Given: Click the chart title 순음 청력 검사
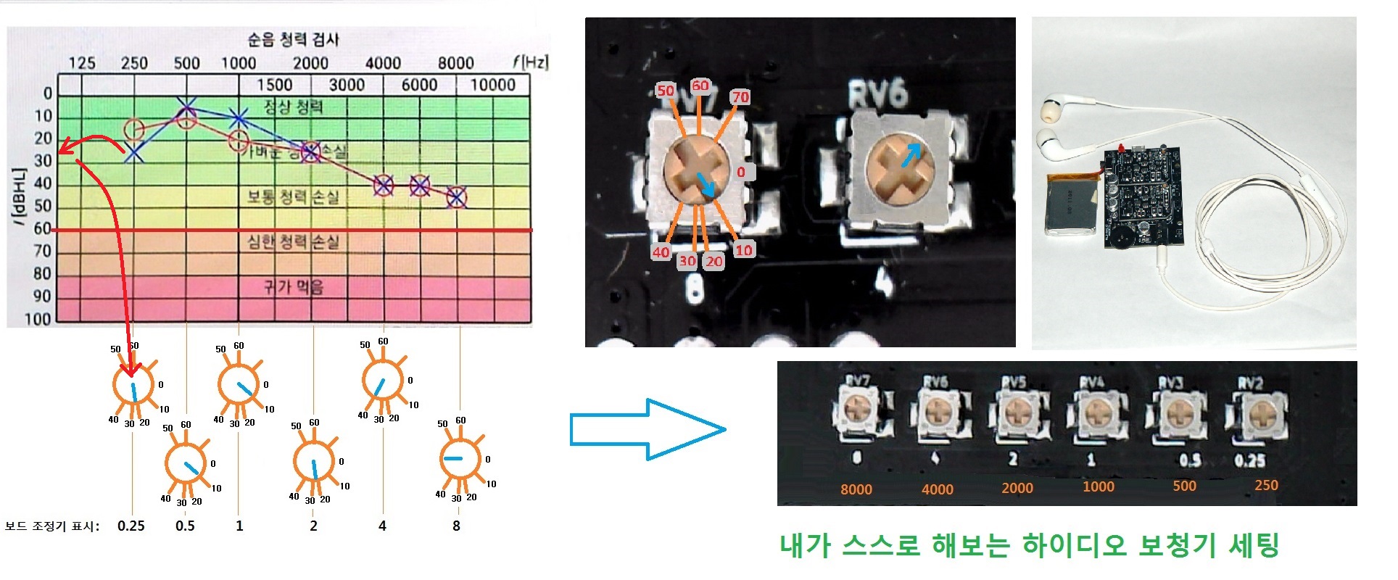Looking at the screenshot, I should [293, 39].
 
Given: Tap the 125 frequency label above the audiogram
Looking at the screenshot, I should [81, 63].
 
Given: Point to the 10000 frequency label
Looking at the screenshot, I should [492, 85].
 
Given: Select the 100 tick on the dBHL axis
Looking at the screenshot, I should [38, 319].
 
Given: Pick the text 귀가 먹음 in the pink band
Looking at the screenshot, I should [293, 287].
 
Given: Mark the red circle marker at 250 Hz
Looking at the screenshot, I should [134, 130].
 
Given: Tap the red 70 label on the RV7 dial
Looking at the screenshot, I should [740, 97].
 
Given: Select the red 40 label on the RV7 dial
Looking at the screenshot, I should [661, 252].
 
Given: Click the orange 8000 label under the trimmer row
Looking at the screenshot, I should [856, 489].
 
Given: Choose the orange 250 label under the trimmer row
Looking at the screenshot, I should [1266, 485].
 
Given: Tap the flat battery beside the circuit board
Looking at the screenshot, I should [1070, 203].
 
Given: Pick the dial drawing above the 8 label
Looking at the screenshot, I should [460, 459].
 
